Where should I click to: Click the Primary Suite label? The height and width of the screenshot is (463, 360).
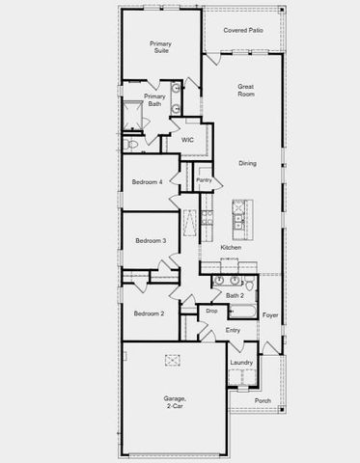[160, 47]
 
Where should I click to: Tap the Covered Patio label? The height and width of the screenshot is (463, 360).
[242, 30]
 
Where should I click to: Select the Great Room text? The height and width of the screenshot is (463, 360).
[245, 90]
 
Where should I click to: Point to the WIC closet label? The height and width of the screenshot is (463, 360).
[188, 141]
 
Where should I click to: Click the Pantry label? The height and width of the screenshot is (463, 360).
[204, 179]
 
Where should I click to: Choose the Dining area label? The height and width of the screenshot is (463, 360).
[248, 164]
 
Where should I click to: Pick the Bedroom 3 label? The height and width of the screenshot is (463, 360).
[151, 240]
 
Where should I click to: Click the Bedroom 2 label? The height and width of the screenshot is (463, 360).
[149, 313]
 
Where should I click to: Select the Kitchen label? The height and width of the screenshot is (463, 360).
[231, 248]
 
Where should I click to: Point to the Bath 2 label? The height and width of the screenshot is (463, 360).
[235, 295]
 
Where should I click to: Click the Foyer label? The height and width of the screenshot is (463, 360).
[270, 315]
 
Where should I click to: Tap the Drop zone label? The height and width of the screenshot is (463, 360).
[211, 312]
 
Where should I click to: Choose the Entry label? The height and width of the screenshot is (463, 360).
[233, 331]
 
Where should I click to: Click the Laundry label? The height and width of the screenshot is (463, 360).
[242, 363]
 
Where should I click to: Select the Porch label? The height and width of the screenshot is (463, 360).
[263, 400]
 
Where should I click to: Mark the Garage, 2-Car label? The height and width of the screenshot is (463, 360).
[175, 402]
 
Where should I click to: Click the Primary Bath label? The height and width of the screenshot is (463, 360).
[154, 99]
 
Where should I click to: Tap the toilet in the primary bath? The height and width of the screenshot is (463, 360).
[133, 144]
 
